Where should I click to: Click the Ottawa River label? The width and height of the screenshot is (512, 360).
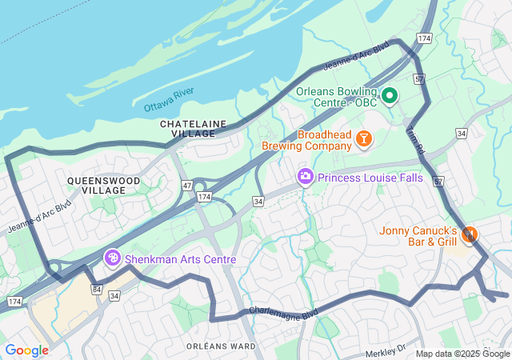pos(169,99)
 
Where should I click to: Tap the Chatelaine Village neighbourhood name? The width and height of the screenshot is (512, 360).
pos(193,129)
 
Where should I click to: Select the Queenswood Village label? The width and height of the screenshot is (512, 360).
pos(103,186)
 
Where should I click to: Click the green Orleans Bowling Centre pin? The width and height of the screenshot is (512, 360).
pos(390,96)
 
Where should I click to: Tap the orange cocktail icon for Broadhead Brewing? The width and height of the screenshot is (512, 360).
pos(364,140)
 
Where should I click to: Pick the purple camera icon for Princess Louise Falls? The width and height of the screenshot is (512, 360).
pos(305,177)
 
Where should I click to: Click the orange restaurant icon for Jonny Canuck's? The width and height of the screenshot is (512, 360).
pos(470,234)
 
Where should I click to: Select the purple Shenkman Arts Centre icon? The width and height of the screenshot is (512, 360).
pos(113,258)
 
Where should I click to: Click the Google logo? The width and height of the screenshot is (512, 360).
pos(26,350)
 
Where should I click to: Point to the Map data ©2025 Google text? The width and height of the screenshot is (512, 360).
pos(462,354)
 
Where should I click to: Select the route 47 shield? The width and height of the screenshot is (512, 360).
pos(186,185)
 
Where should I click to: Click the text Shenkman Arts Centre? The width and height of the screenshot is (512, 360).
pos(180,259)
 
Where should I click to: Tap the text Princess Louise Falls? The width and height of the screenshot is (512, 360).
pos(370,178)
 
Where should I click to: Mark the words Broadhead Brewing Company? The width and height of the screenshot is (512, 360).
pos(307,141)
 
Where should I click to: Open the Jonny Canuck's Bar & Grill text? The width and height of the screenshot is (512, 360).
pos(418,235)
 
